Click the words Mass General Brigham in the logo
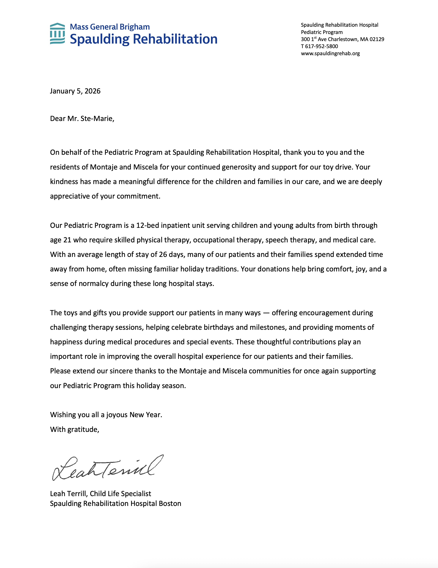coord(110,27)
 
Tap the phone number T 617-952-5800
coord(319,46)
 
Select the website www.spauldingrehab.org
coord(330,53)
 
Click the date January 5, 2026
coord(75,91)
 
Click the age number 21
coord(67,240)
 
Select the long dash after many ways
coord(266,313)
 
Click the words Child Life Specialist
coord(120,494)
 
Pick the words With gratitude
coord(75,429)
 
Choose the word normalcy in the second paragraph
coord(94,283)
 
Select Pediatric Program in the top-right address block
coord(322,32)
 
